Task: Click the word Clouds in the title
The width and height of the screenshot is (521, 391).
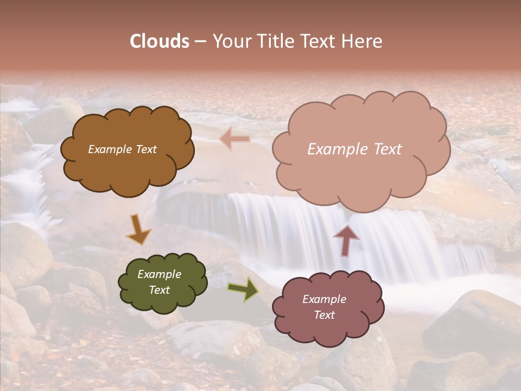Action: point(160,41)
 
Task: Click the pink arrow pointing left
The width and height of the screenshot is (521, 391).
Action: point(236,139)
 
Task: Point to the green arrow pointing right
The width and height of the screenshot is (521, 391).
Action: point(243,289)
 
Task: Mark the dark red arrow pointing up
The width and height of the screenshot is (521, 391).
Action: point(346,240)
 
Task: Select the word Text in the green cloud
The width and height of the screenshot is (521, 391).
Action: point(160,290)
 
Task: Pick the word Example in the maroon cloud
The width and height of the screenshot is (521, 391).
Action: point(324,299)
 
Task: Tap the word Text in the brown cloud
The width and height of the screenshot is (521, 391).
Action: point(147,149)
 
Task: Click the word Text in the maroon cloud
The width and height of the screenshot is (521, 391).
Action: point(324,315)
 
